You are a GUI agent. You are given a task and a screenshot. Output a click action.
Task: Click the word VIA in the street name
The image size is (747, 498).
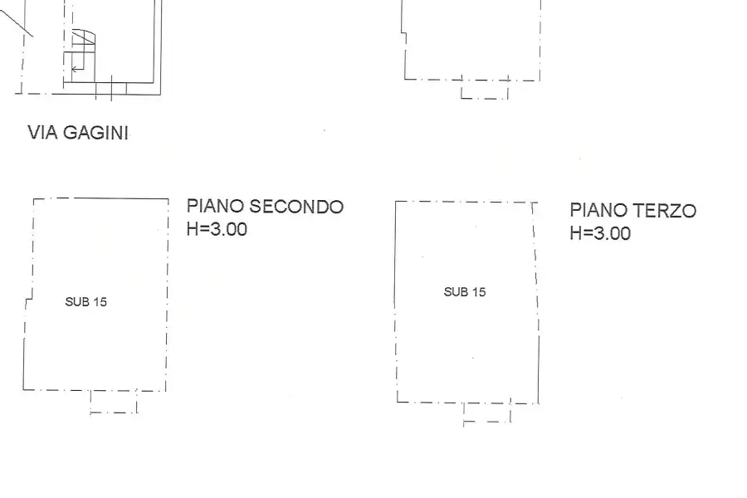click(43, 133)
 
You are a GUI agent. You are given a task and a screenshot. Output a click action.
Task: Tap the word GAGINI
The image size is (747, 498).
click(95, 133)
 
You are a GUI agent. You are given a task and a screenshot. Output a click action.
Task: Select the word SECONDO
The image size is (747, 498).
click(296, 207)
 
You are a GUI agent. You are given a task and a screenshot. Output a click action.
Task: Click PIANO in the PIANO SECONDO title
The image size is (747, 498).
click(215, 206)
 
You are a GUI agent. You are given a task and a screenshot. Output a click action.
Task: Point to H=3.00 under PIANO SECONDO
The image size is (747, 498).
click(217, 229)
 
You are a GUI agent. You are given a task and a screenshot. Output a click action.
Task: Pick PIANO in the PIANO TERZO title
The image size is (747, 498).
click(598, 210)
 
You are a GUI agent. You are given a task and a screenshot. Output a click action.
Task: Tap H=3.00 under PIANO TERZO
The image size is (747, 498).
click(600, 233)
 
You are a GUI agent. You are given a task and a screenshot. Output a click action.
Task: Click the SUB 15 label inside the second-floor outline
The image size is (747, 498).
click(86, 301)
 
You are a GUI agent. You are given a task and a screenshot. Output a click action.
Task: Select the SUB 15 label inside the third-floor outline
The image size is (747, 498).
click(465, 292)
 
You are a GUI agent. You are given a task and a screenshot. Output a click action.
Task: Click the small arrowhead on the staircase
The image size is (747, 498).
click(74, 70)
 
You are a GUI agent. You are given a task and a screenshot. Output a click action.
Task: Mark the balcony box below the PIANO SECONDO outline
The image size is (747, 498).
click(114, 402)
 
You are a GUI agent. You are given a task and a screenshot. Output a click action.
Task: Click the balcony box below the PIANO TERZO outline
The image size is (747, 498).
click(487, 413)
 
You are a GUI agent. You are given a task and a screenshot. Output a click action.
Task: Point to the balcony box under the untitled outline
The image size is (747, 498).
click(485, 89)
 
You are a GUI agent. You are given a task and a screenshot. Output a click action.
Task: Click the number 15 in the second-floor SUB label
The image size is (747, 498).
click(100, 301)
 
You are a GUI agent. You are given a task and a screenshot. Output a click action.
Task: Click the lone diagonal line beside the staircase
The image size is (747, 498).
click(17, 22)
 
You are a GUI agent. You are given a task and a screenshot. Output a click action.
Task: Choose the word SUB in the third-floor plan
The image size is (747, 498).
click(455, 292)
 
